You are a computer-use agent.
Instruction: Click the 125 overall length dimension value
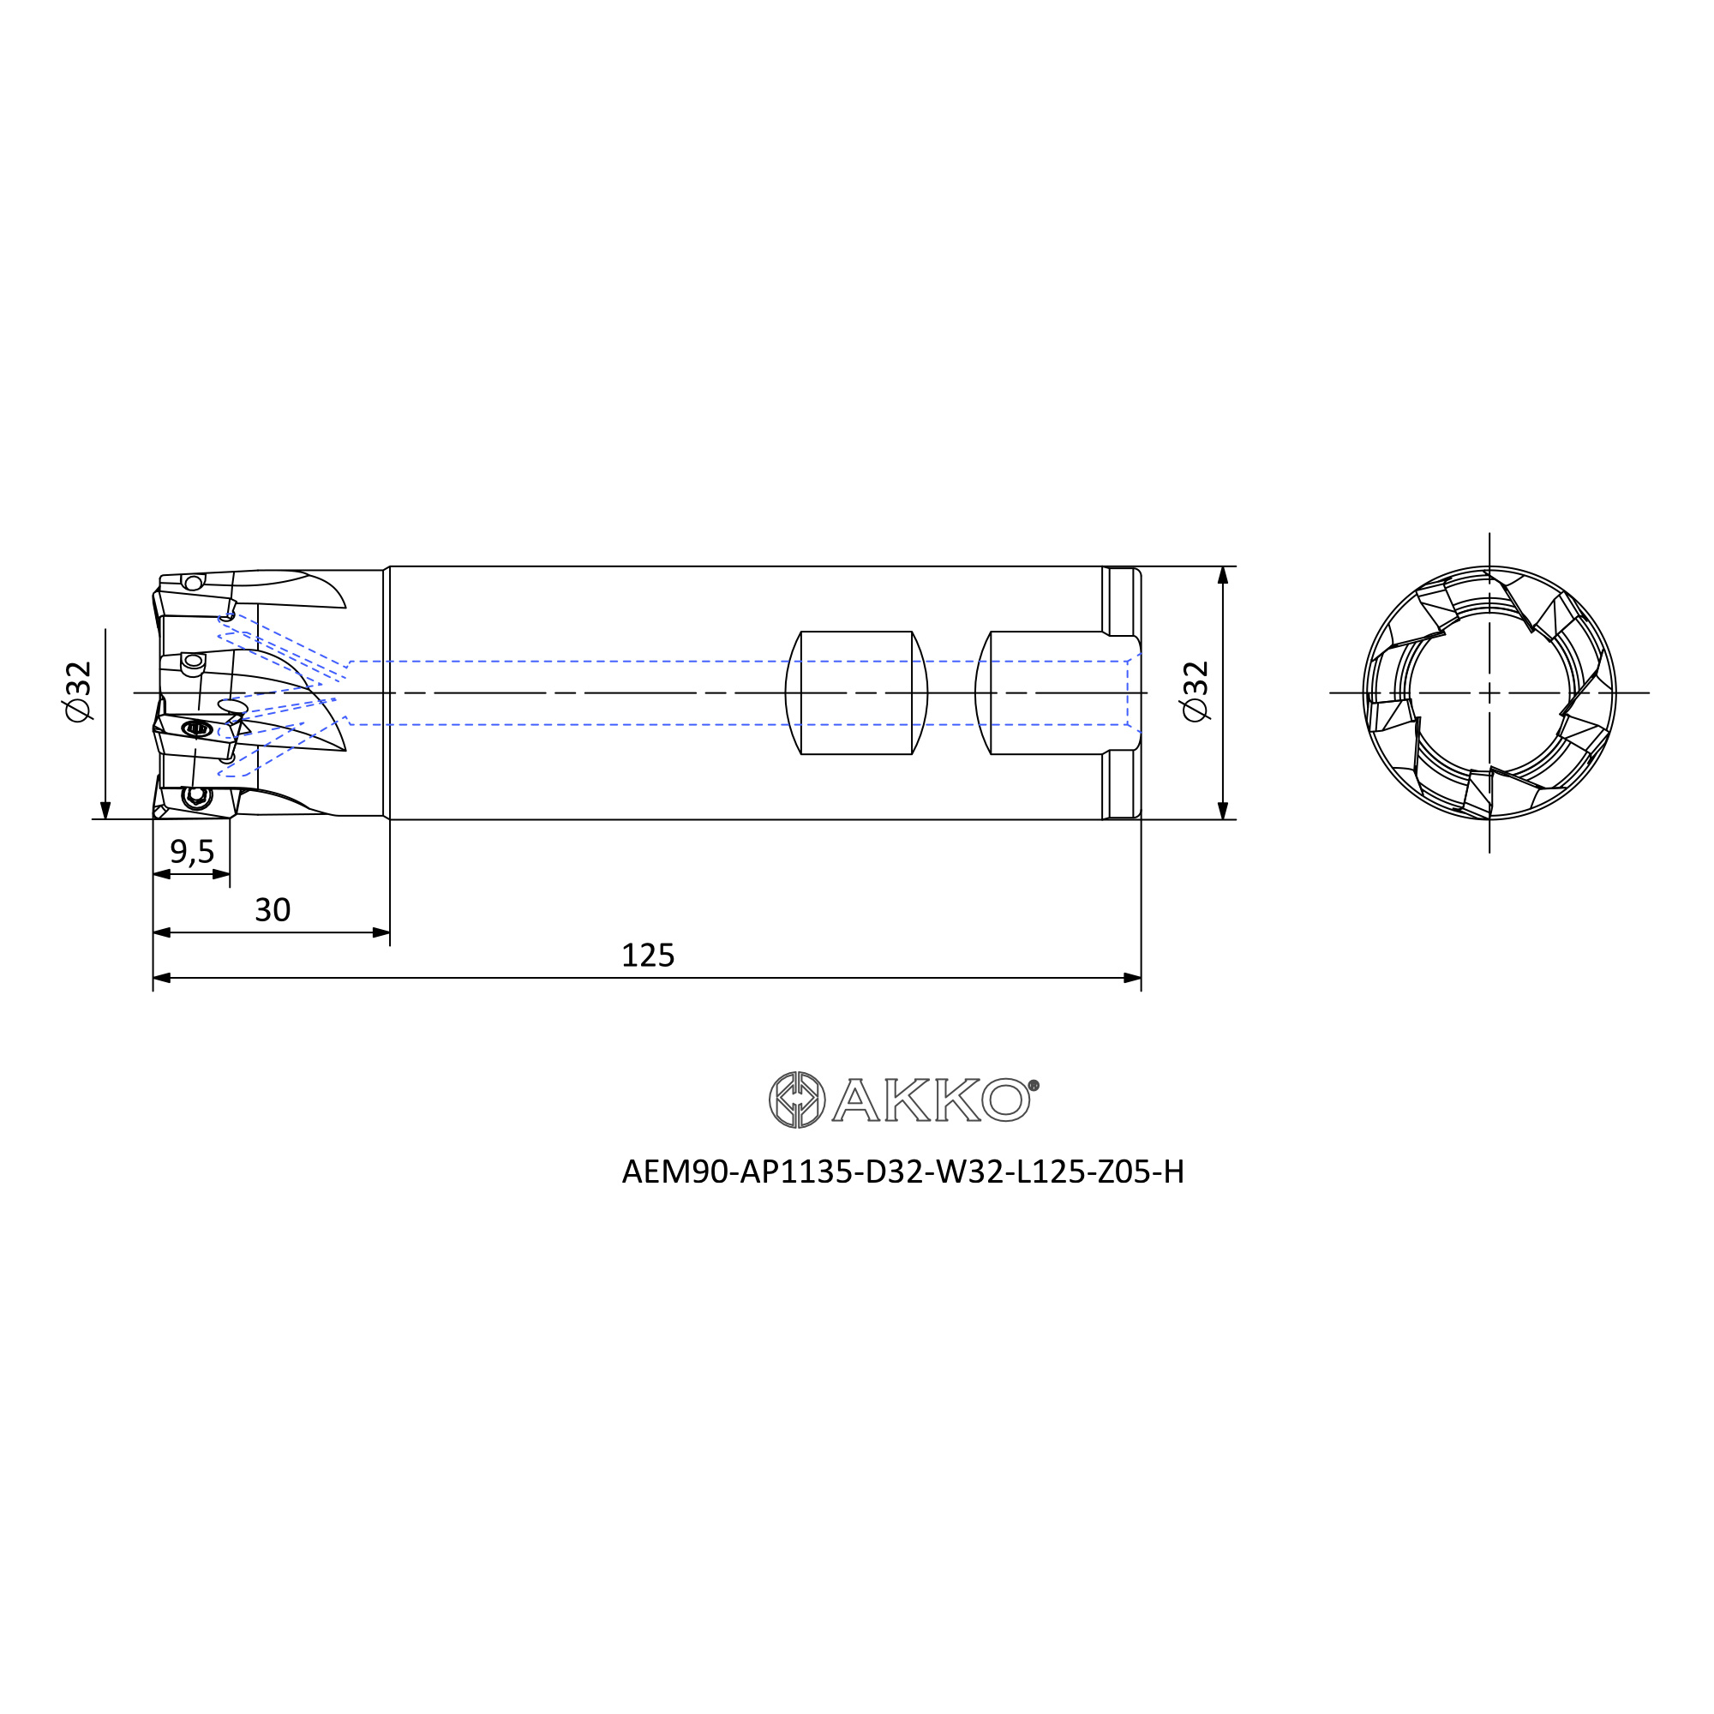pos(648,956)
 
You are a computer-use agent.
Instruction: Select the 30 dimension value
pos(273,910)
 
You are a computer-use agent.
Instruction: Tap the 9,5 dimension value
pos(192,852)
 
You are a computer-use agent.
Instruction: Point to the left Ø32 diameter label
pos(78,692)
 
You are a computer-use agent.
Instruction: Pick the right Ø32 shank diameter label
pos(1196,692)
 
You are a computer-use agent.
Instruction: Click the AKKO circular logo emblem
pos(797,1100)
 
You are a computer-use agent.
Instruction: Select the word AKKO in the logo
pos(931,1100)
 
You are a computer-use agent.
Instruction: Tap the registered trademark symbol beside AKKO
pos(1034,1085)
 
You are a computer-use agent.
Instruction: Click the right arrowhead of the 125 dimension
pos(1132,978)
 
